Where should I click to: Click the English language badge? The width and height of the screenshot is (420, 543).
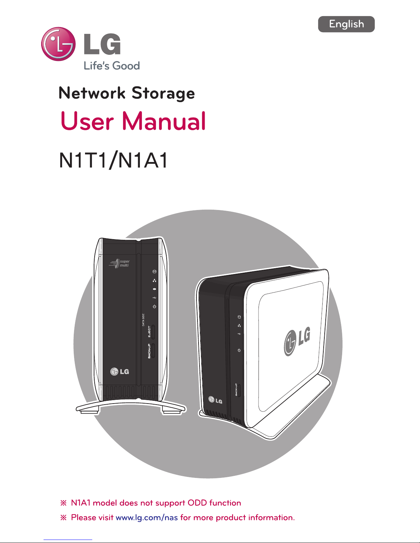click(346, 24)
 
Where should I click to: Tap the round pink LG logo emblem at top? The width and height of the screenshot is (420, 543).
click(58, 44)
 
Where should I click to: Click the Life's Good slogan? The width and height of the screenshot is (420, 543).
click(112, 66)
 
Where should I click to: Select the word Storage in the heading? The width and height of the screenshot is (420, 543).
click(163, 93)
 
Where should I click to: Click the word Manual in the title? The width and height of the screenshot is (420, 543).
click(164, 121)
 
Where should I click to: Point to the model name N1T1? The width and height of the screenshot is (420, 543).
click(83, 160)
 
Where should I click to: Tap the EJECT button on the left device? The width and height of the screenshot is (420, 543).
click(153, 332)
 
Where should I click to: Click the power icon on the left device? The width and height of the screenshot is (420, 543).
click(155, 306)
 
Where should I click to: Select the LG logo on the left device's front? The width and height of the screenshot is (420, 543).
click(120, 371)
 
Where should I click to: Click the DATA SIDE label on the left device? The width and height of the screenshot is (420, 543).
click(143, 320)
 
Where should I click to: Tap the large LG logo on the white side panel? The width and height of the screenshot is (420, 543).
click(297, 341)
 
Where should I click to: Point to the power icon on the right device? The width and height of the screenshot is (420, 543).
click(239, 350)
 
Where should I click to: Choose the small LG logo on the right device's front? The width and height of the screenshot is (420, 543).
click(215, 400)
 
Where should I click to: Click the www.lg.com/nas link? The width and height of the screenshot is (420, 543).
click(147, 517)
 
